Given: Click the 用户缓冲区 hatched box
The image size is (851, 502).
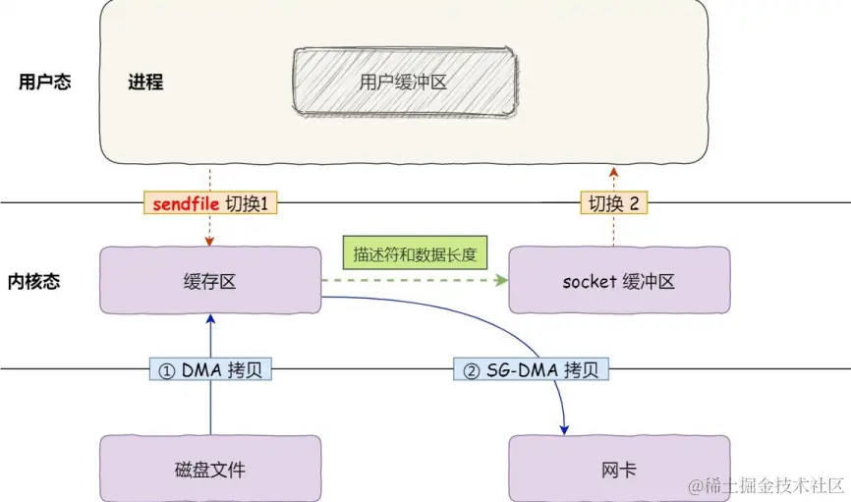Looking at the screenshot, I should pyautogui.click(x=404, y=83).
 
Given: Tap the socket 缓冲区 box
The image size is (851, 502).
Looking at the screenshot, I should pyautogui.click(x=619, y=282).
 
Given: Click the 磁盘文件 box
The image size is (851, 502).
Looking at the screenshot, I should pyautogui.click(x=211, y=470).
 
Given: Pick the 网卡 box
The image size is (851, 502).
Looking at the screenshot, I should pyautogui.click(x=619, y=470).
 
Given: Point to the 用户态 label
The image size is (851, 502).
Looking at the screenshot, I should pyautogui.click(x=45, y=83).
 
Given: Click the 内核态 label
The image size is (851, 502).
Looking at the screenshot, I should pyautogui.click(x=40, y=282).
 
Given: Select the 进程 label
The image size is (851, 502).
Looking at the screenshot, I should pyautogui.click(x=145, y=83).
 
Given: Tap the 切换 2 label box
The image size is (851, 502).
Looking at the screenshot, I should pyautogui.click(x=614, y=203).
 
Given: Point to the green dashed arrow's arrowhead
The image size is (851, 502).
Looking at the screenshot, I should pyautogui.click(x=502, y=281).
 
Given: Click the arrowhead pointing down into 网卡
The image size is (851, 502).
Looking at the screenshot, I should pyautogui.click(x=565, y=428).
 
